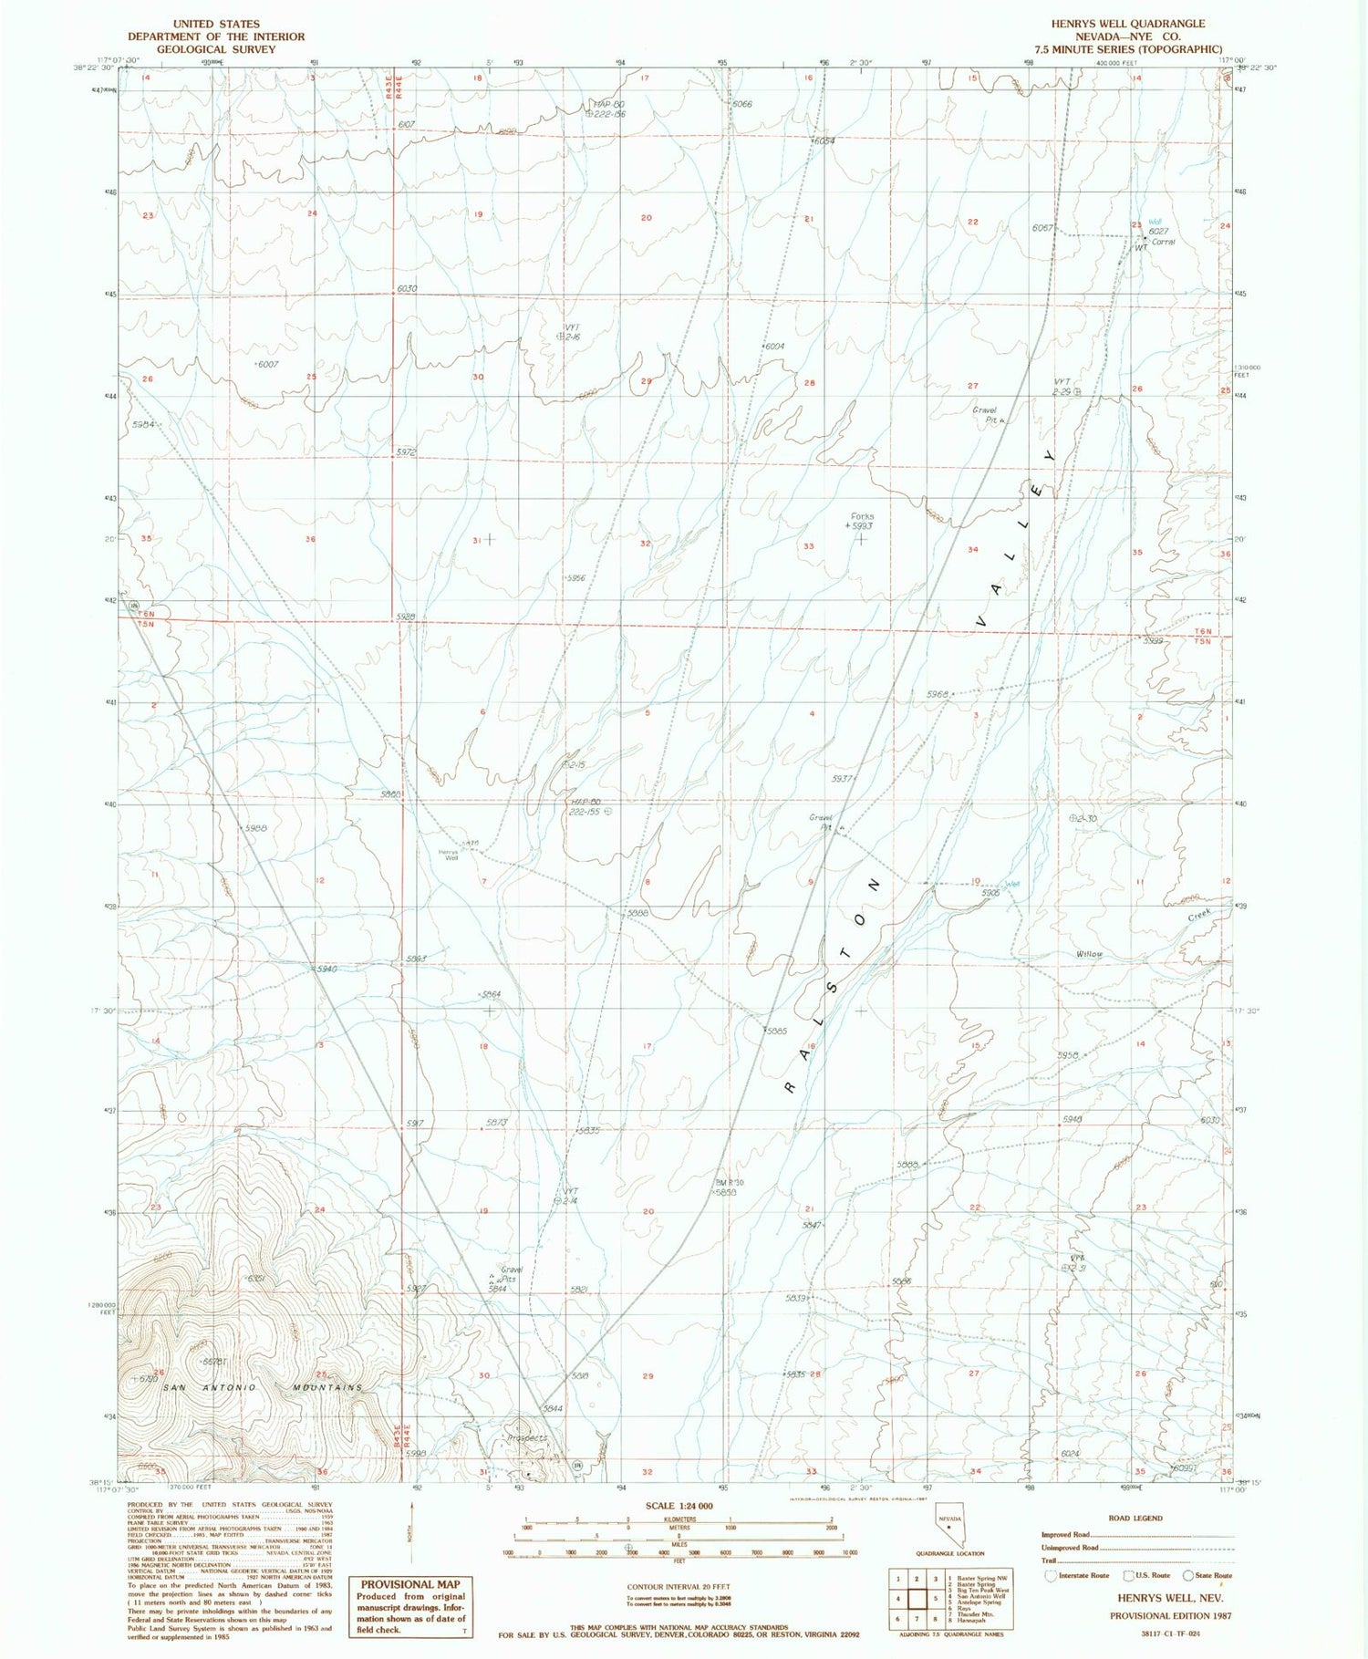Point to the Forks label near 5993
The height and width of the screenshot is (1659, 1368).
pos(861,516)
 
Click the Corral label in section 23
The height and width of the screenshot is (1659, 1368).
pos(1163,242)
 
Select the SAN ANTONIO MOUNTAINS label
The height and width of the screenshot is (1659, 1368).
pos(263,1387)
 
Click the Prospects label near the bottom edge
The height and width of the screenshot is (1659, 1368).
pos(527,1438)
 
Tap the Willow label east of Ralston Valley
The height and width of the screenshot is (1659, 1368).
pos(1089,954)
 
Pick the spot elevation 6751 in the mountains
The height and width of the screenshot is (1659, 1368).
pos(256,1279)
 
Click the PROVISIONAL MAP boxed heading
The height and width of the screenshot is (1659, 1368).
pos(409,1584)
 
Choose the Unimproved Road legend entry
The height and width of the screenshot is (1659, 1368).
pos(1068,1548)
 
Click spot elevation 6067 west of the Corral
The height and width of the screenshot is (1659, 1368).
pos(1042,228)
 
